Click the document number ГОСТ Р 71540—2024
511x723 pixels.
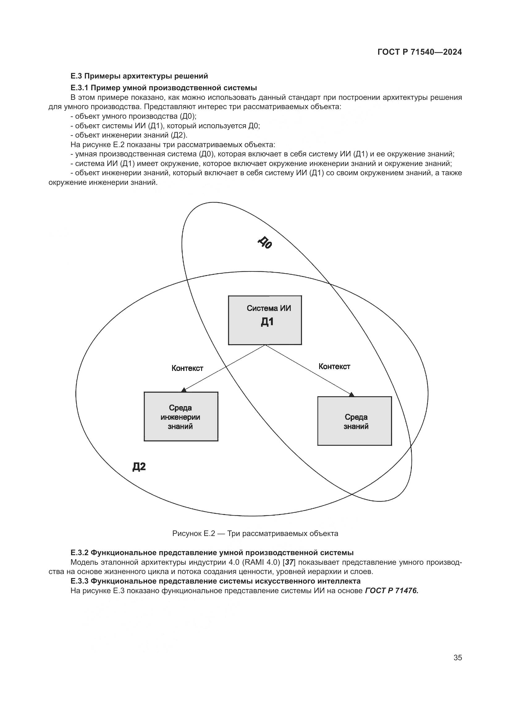[x=420, y=52]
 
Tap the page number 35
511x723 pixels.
[x=458, y=657]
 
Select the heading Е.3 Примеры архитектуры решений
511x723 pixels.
[x=139, y=76]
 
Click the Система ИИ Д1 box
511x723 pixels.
[x=265, y=320]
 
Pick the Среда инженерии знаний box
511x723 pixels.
[x=181, y=416]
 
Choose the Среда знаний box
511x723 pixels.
[x=354, y=421]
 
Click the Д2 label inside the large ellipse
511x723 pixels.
[x=139, y=467]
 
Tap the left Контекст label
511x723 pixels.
[x=187, y=368]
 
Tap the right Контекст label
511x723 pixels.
[x=334, y=366]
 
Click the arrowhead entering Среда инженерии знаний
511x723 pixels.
[x=184, y=390]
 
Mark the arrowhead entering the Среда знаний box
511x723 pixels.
[x=352, y=394]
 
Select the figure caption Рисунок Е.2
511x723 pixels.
[x=255, y=534]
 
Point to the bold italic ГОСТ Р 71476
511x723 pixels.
[x=391, y=590]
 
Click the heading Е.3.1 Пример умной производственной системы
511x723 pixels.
[x=164, y=87]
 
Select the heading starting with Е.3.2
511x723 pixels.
[x=212, y=553]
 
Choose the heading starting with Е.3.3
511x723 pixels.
[x=215, y=581]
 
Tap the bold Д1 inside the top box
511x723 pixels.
[x=267, y=322]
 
